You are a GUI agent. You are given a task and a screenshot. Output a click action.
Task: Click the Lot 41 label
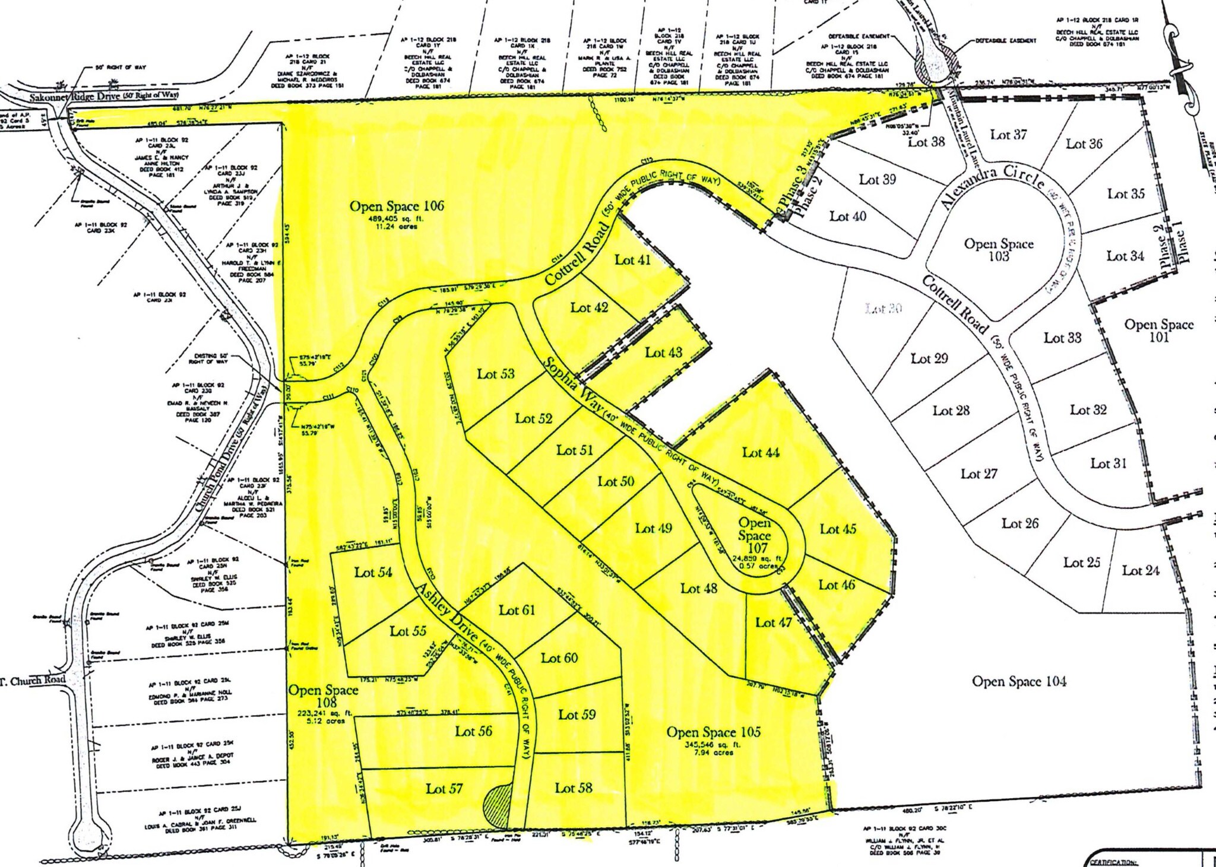(632, 260)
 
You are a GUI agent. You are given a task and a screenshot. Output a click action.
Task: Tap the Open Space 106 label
(396, 207)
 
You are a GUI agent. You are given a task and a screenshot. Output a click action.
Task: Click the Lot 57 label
(444, 789)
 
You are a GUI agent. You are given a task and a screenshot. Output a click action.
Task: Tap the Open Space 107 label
(755, 535)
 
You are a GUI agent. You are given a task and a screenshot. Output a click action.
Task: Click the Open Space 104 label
(1018, 681)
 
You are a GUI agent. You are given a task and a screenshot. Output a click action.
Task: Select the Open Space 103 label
(999, 250)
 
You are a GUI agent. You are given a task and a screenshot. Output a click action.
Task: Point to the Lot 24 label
(1140, 571)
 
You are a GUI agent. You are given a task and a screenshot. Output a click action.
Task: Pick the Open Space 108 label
(323, 697)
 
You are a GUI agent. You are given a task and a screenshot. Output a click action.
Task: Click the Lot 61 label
(517, 610)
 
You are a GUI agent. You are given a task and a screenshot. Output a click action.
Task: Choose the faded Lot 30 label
(883, 309)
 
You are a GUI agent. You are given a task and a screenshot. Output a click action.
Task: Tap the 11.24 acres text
(395, 227)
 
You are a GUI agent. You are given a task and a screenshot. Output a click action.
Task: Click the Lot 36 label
(1084, 144)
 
